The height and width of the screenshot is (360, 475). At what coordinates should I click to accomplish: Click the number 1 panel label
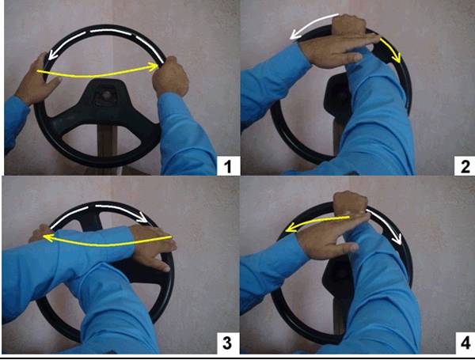tap(228, 166)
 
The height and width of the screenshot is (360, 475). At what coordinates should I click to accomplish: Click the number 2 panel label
tap(465, 166)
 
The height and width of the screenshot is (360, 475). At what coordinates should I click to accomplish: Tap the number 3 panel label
tap(227, 343)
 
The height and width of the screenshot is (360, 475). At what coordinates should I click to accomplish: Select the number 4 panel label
tap(465, 343)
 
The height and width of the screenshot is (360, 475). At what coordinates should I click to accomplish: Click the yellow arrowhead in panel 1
tap(154, 66)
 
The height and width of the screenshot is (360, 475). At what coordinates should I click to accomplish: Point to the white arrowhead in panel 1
tap(52, 55)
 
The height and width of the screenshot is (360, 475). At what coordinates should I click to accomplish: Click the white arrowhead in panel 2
tap(294, 35)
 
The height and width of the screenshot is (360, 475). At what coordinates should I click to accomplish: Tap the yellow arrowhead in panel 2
tap(397, 58)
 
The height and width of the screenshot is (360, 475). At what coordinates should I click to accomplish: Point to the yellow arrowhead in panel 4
tap(291, 228)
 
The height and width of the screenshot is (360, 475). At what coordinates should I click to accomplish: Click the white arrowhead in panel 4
tap(397, 239)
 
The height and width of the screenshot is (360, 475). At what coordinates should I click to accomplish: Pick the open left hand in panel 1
tap(38, 80)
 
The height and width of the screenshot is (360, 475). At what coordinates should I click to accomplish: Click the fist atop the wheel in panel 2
tap(348, 25)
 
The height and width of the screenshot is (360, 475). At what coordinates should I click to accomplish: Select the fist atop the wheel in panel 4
tap(351, 202)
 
